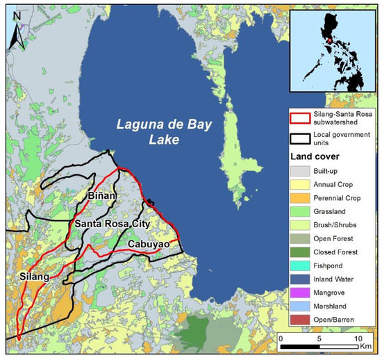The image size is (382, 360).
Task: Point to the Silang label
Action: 33,277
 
